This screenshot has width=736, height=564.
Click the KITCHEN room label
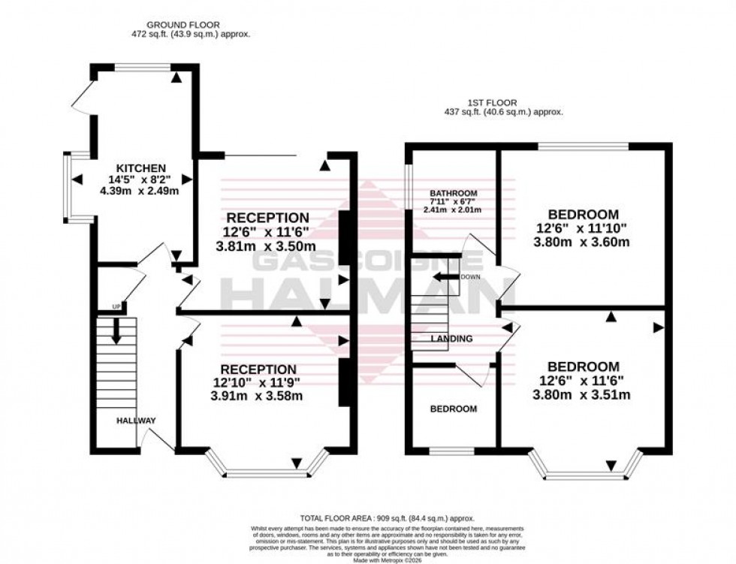pyautogui.click(x=141, y=167)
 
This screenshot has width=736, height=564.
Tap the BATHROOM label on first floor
pyautogui.click(x=454, y=194)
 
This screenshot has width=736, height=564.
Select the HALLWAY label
pyautogui.click(x=135, y=421)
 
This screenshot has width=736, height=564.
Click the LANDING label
pyautogui.click(x=451, y=339)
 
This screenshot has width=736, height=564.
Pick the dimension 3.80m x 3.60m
pyautogui.click(x=581, y=242)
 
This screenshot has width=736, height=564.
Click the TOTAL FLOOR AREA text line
pyautogui.click(x=388, y=519)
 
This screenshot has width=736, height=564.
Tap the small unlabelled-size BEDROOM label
pyautogui.click(x=453, y=409)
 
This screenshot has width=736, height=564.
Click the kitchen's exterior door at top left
pyautogui.click(x=80, y=98)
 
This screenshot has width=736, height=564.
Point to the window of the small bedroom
pyautogui.click(x=451, y=451)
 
